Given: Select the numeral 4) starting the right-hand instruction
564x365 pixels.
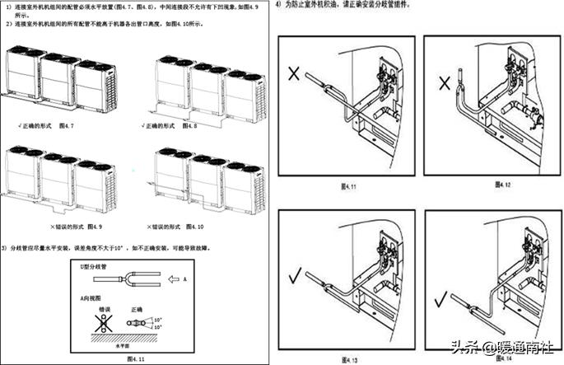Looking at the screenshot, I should point(279,4).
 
